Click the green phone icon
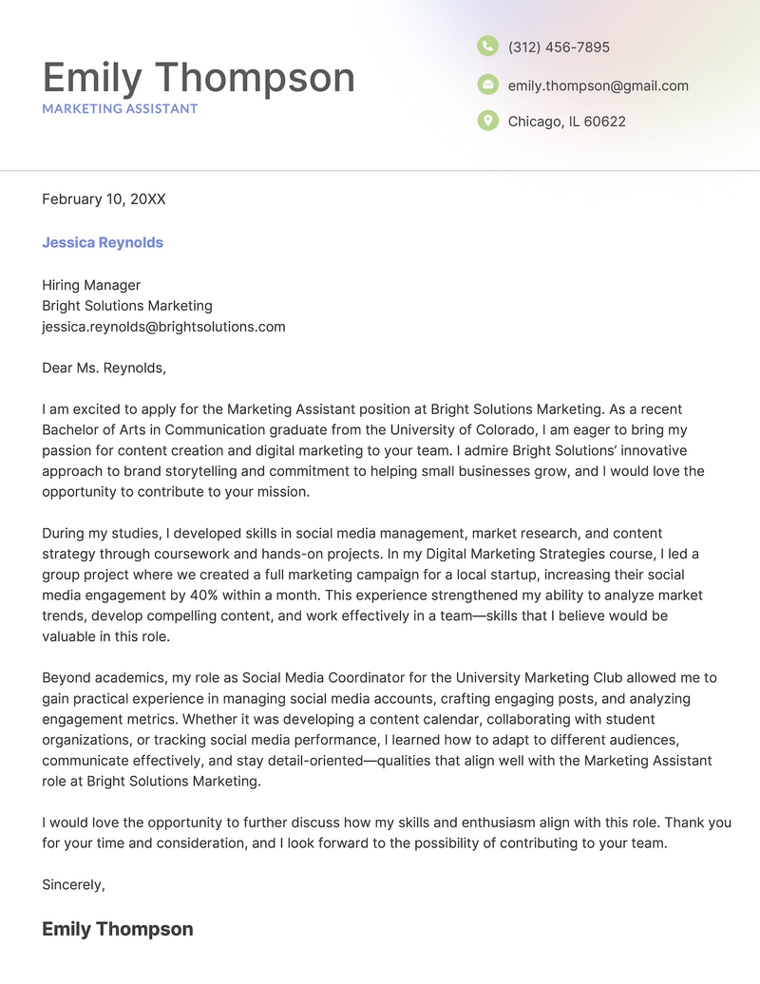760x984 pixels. [x=487, y=46]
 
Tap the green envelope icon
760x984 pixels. [x=487, y=85]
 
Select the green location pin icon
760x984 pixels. [x=487, y=121]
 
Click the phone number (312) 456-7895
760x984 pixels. [x=559, y=47]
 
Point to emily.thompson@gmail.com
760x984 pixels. [x=598, y=85]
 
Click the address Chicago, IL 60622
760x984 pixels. [x=566, y=122]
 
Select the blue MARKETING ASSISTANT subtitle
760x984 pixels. [x=120, y=108]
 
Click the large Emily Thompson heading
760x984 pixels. [x=199, y=77]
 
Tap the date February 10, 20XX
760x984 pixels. [x=104, y=199]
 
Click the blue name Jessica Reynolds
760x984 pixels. [x=103, y=242]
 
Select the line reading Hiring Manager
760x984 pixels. [x=91, y=285]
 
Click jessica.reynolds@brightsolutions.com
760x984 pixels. [x=163, y=327]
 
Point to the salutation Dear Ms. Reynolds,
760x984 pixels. [x=104, y=368]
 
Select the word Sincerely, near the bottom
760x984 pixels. [x=73, y=884]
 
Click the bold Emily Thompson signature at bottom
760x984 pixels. [x=118, y=929]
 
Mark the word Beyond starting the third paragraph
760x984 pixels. [x=67, y=677]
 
